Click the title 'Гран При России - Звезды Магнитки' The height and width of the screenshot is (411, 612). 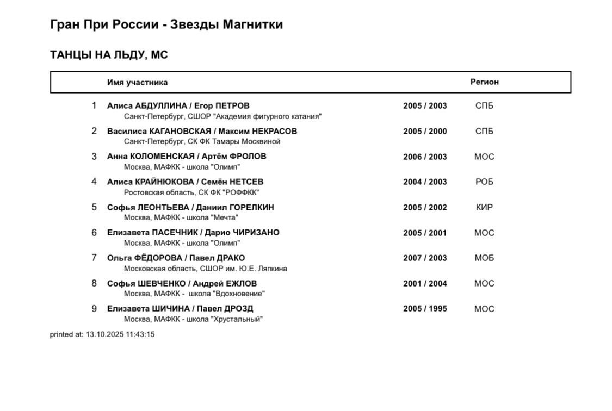[x=166, y=24]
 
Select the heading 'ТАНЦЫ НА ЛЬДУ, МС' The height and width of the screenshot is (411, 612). [x=109, y=55]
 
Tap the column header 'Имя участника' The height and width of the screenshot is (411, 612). [x=137, y=83]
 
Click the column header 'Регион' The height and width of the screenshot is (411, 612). [x=484, y=82]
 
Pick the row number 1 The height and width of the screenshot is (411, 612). [x=94, y=105]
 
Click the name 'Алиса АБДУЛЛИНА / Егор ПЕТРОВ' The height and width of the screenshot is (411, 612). [x=178, y=105]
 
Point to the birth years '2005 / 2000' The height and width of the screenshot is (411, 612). [x=425, y=131]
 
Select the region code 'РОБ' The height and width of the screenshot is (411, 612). [x=484, y=182]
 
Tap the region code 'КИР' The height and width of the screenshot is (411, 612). [x=484, y=207]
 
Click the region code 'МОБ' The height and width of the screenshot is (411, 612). [x=484, y=258]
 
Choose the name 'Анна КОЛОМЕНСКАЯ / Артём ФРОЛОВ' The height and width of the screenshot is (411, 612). [x=187, y=157]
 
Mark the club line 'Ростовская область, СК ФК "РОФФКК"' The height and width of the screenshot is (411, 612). [x=191, y=192]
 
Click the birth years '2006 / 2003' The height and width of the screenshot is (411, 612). [x=425, y=157]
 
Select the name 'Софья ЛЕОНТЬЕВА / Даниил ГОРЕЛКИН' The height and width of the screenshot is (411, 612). [x=190, y=207]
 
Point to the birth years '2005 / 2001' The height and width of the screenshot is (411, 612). [x=425, y=233]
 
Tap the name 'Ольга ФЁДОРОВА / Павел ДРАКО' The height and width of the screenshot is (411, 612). [x=176, y=258]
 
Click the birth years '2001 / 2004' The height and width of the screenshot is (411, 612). [x=425, y=283]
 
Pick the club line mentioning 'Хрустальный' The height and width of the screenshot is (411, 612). [x=193, y=319]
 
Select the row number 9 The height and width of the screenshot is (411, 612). [x=94, y=309]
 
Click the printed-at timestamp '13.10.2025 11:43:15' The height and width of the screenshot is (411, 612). [x=120, y=334]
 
